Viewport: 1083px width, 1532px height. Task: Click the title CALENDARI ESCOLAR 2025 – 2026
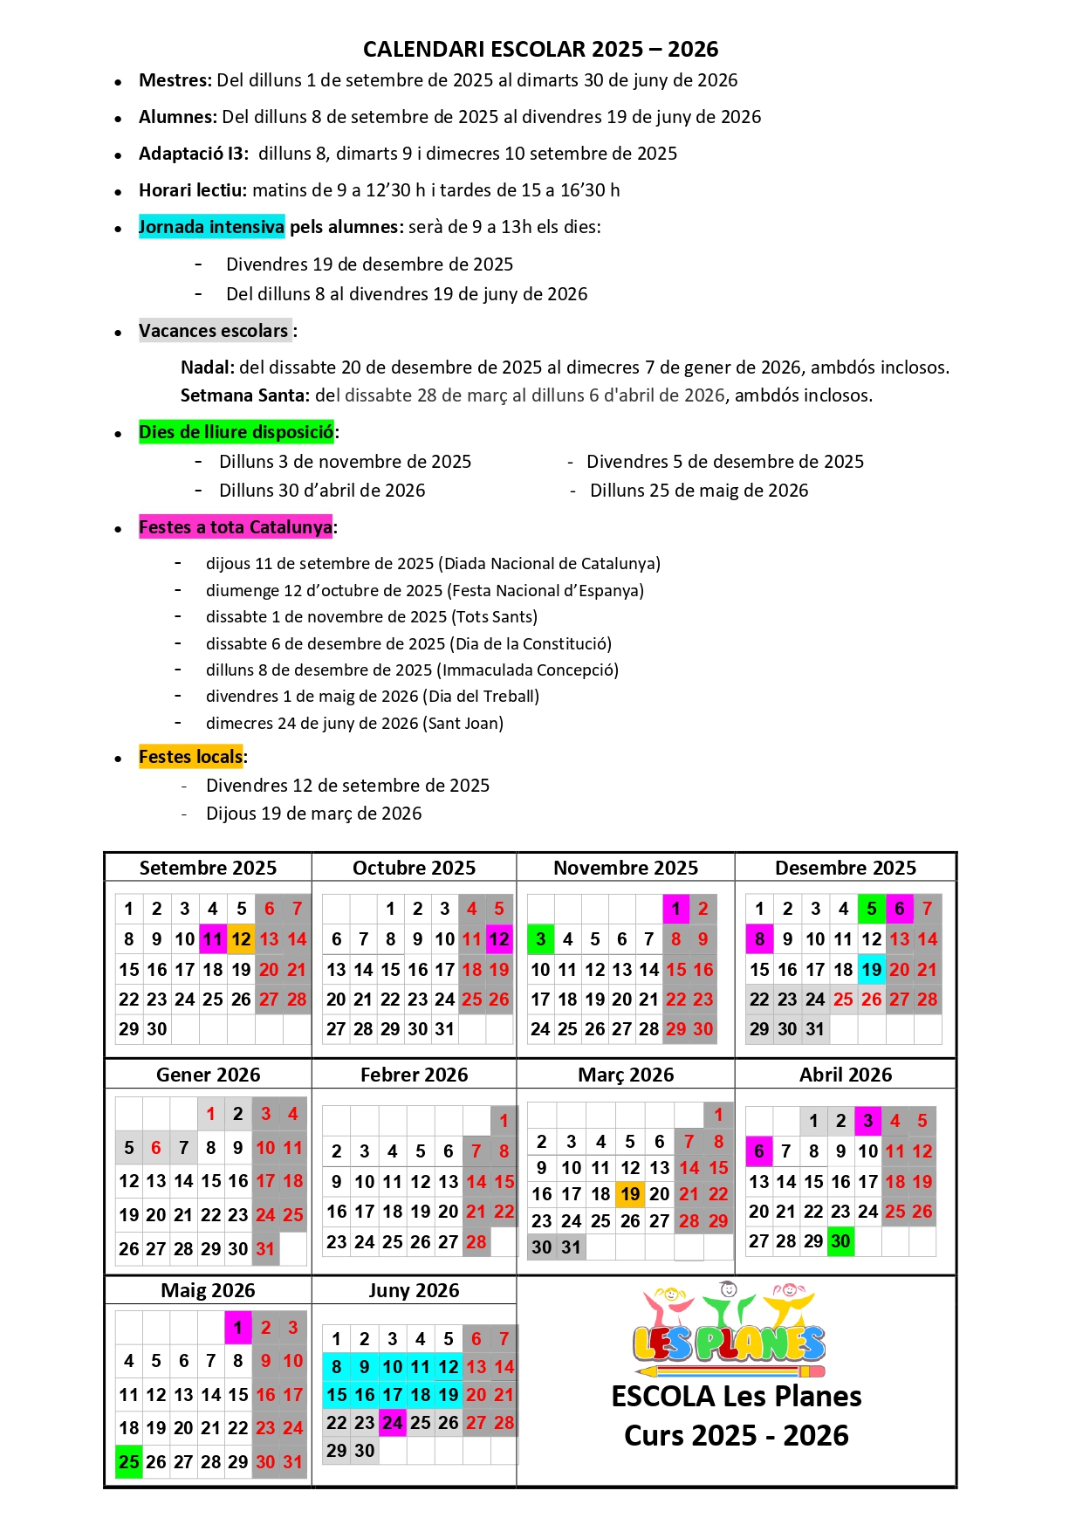pos(540,49)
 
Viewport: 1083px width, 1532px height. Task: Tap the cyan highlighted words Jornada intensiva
pos(211,227)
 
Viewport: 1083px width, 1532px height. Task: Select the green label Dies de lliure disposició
pos(236,432)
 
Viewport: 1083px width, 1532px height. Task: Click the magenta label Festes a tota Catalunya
pos(236,527)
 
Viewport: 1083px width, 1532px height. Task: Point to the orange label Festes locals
pos(190,757)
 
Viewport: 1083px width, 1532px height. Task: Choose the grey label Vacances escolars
pos(215,331)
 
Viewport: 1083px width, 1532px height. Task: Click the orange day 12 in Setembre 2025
pos(241,939)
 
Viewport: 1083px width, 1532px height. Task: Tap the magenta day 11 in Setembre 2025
pos(213,939)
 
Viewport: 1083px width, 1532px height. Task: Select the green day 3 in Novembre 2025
pos(541,939)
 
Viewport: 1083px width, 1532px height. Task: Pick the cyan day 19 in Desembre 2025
pos(871,970)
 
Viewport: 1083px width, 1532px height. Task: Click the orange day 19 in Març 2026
pos(630,1194)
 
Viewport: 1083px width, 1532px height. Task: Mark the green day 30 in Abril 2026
pos(840,1241)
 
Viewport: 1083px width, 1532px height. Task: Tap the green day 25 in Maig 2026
pos(129,1461)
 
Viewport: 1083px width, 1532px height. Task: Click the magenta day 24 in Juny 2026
pos(393,1423)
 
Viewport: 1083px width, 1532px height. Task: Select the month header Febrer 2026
pos(414,1075)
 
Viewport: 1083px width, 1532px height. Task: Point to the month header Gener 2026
pos(208,1075)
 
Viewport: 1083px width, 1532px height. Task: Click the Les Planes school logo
pos(729,1327)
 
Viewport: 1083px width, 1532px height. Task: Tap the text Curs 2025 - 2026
pos(736,1436)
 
